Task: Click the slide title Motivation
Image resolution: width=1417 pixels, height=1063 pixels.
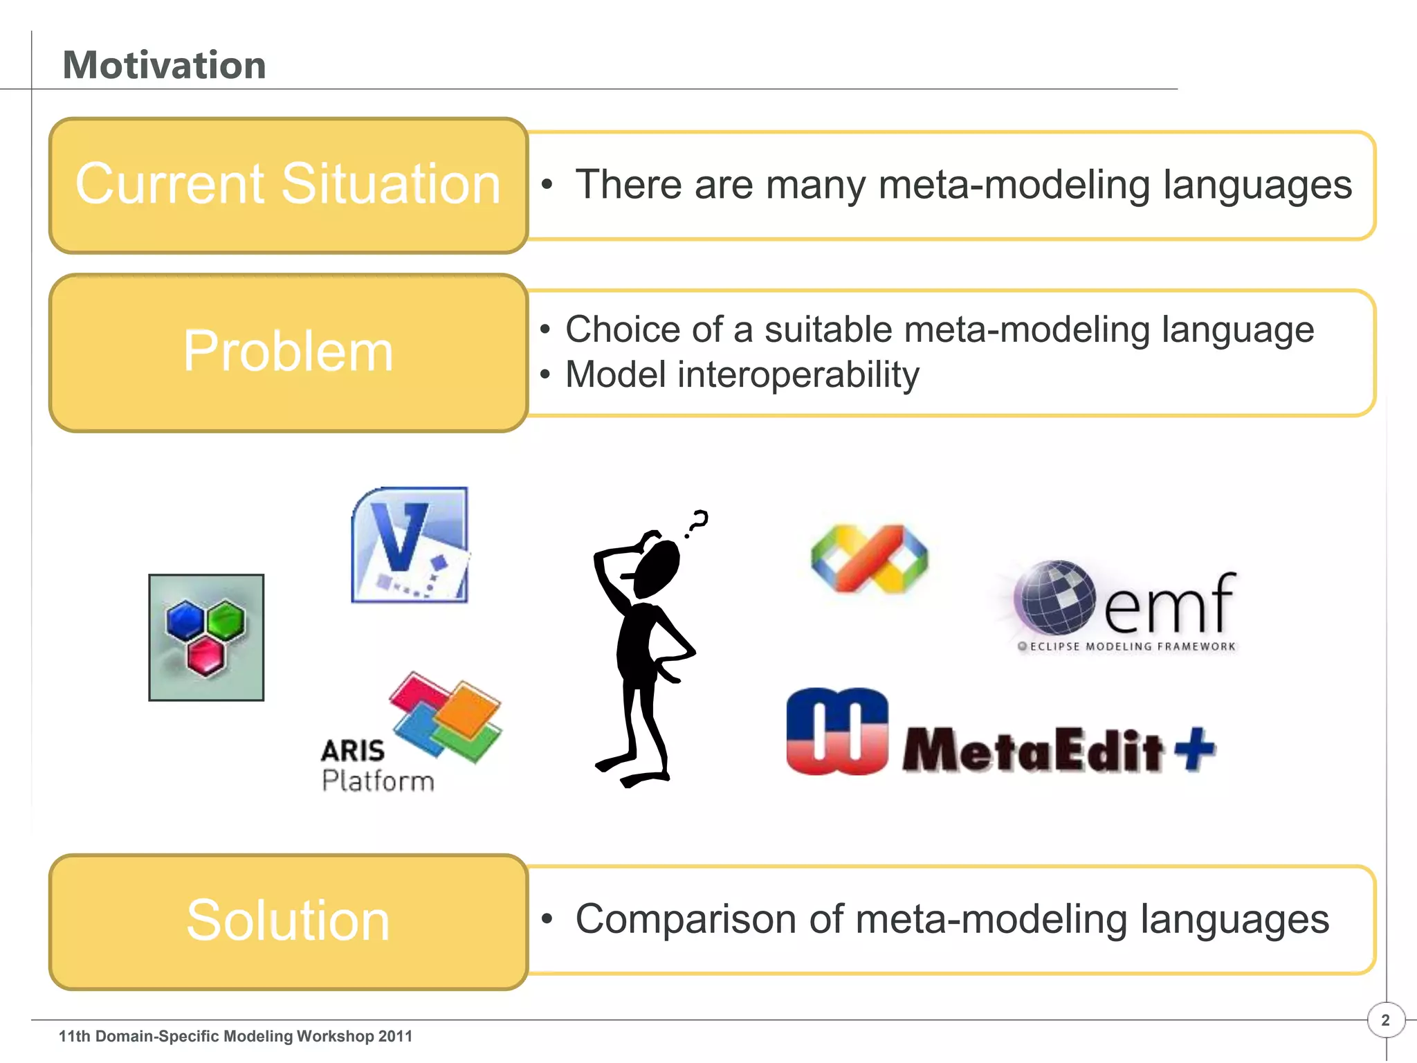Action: [x=164, y=65]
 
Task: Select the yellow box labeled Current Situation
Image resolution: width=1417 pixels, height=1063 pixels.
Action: [x=288, y=185]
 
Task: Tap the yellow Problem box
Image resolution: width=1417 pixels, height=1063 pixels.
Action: [x=288, y=352]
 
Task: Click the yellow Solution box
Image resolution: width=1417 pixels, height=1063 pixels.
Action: [x=288, y=921]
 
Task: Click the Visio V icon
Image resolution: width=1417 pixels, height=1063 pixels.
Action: [x=410, y=545]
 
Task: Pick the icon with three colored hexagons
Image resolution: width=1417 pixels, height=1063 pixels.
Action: [x=206, y=637]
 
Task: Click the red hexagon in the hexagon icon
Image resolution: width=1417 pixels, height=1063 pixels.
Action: [x=205, y=655]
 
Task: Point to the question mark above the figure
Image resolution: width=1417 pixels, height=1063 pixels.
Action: [x=697, y=523]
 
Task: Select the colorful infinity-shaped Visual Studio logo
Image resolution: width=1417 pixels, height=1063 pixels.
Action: [x=869, y=558]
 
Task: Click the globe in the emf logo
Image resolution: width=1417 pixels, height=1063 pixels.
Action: [x=1054, y=597]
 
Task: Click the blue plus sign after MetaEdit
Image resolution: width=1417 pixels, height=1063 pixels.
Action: [x=1195, y=749]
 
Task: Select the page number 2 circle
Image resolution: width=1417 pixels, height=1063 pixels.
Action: [x=1385, y=1020]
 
